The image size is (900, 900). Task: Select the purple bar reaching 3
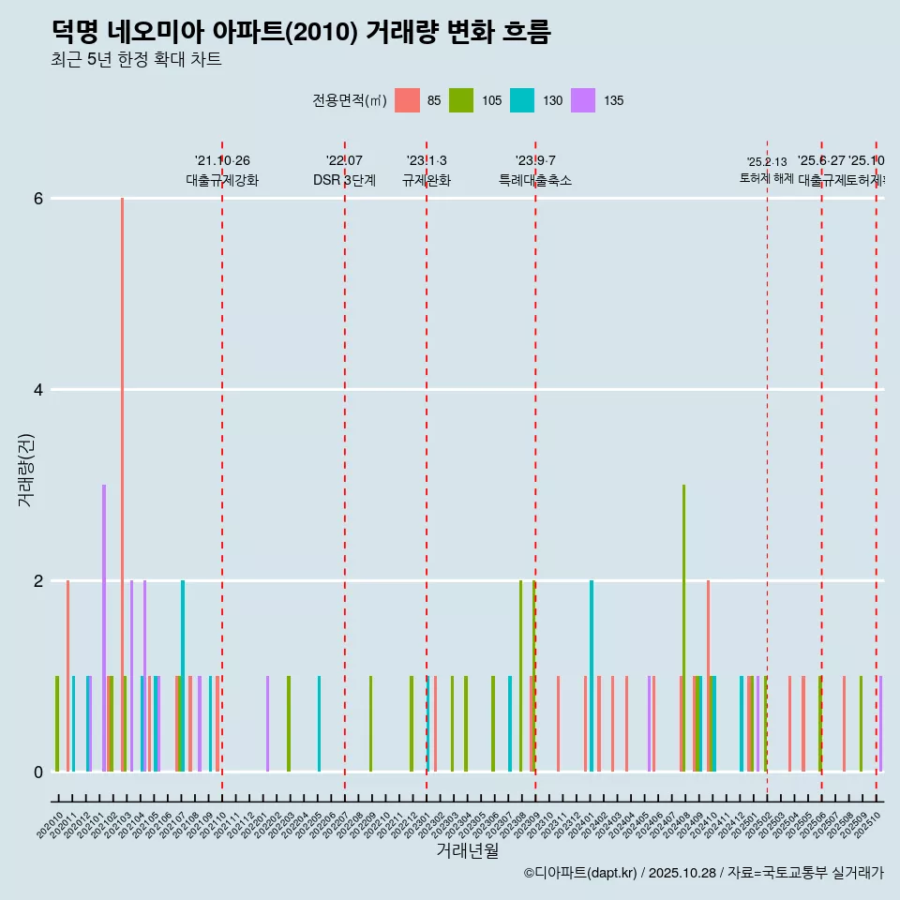[104, 628]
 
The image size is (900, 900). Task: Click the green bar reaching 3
[683, 628]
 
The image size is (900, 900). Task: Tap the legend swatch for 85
[407, 100]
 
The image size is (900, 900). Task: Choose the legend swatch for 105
[460, 100]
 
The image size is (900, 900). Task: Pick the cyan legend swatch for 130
[522, 100]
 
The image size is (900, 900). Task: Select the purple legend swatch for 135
[583, 100]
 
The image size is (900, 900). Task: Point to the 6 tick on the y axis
[38, 199]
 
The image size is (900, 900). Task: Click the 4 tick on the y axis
[38, 390]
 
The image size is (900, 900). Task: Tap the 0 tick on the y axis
[38, 772]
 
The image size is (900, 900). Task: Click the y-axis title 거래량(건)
[25, 470]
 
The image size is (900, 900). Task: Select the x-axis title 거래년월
[467, 850]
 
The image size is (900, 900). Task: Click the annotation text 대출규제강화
[222, 180]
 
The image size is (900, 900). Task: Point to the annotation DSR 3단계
[345, 180]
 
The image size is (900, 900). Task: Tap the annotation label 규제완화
[427, 180]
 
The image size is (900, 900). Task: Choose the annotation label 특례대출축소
[535, 180]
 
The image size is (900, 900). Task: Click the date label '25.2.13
[767, 162]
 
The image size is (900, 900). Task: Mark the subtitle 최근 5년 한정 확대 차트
[137, 60]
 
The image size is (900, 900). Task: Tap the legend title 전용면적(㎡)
[350, 100]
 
